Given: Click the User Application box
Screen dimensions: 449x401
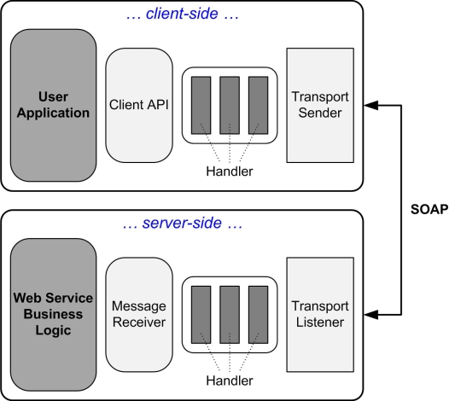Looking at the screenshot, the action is coord(53,105).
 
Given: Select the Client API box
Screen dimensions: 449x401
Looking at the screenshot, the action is coord(139,105).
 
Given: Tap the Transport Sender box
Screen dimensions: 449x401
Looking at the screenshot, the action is coord(320,105).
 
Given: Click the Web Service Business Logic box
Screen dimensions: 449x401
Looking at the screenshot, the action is coord(53,315).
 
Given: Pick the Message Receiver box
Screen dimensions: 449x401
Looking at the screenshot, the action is coord(139,315).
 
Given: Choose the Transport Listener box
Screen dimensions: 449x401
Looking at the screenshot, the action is coord(320,315).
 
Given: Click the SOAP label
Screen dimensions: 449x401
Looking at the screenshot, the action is coord(429,210).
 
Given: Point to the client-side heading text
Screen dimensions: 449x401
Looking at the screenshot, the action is coord(183,14).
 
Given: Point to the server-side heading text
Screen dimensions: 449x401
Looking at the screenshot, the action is coord(183,223).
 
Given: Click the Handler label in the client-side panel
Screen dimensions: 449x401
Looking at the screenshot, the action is coord(230,171).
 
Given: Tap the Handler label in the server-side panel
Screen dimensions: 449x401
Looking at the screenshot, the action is coord(230,381).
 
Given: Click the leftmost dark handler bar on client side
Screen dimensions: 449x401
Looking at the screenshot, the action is coord(201,105).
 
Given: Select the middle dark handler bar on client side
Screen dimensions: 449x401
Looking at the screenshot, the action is coord(230,105).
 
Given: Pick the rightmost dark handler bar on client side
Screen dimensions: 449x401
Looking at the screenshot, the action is coord(259,105).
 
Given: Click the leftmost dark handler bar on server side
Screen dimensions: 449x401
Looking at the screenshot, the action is coord(201,315).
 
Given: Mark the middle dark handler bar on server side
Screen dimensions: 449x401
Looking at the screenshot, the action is coord(230,315).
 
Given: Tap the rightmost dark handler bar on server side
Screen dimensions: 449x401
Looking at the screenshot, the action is coord(259,315).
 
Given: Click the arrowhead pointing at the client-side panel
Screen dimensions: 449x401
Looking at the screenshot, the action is coord(370,105).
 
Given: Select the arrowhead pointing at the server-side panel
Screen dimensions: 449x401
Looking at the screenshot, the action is coord(370,315).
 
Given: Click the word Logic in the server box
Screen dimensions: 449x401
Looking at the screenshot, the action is coord(53,330).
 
